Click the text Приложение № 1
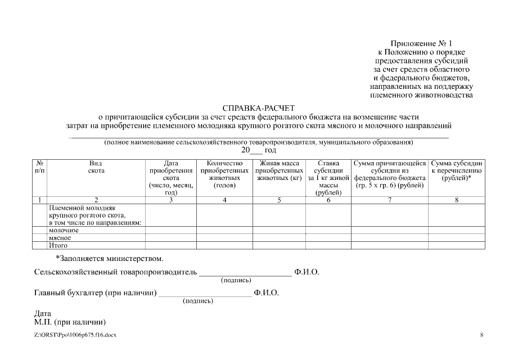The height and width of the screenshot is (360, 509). tap(421, 43)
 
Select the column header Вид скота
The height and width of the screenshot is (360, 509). tap(96, 166)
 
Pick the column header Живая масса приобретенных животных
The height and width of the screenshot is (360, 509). tap(279, 170)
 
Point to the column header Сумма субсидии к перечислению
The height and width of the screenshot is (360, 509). tap(456, 170)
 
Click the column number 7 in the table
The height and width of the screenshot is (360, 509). tap(390, 200)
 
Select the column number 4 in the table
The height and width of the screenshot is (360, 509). tap(224, 200)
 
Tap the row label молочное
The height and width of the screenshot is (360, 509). tap(64, 230)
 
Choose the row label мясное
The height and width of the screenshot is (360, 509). tap(60, 238)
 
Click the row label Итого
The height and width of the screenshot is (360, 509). tap(58, 245)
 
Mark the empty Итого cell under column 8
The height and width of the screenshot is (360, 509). tap(456, 245)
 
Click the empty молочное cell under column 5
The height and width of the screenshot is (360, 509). tap(279, 230)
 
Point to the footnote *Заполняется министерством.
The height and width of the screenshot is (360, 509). tap(110, 259)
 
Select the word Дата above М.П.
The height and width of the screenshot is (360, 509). tap(43, 314)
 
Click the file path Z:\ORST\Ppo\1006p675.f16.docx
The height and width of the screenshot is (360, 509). tap(75, 335)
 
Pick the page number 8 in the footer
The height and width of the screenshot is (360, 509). tap(481, 335)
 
